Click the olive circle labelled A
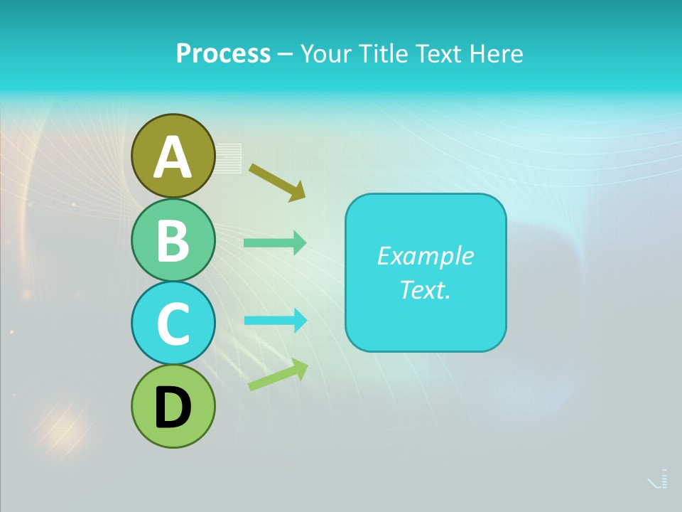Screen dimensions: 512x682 click(x=173, y=156)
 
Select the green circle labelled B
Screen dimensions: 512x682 click(x=173, y=240)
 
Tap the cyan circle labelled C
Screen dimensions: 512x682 click(x=173, y=323)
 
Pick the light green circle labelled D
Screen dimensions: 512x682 click(x=173, y=406)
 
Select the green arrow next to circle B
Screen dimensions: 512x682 click(x=274, y=243)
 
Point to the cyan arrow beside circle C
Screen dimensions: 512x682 click(x=274, y=321)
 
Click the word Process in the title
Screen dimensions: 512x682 click(x=223, y=53)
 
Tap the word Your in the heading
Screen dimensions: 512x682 click(x=325, y=53)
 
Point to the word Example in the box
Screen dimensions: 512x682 click(x=425, y=256)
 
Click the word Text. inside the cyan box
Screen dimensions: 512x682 click(x=425, y=289)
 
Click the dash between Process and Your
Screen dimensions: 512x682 click(x=285, y=54)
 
